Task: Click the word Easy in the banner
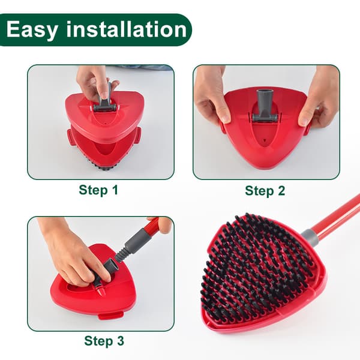pyautogui.click(x=32, y=30)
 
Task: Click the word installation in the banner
pyautogui.click(x=127, y=29)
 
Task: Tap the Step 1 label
pyautogui.click(x=98, y=190)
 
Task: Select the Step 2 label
pyautogui.click(x=265, y=191)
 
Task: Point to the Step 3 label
pyautogui.click(x=104, y=341)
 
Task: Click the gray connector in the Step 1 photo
pyautogui.click(x=104, y=101)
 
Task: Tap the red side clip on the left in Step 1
pyautogui.click(x=70, y=137)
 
